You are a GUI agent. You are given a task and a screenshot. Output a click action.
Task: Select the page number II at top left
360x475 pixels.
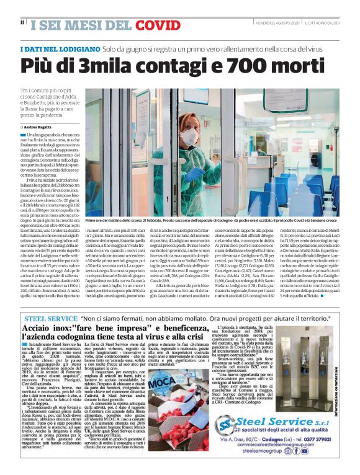click(x=22, y=23)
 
